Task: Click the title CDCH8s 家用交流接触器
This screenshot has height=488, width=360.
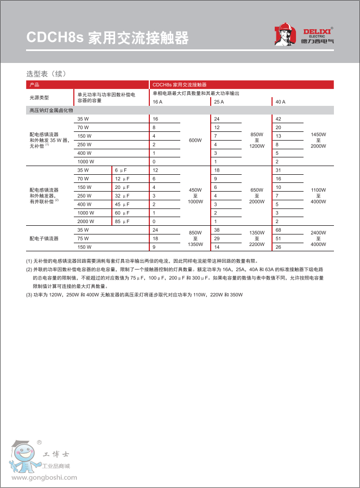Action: pyautogui.click(x=108, y=38)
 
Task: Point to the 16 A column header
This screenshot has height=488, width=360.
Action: pyautogui.click(x=157, y=102)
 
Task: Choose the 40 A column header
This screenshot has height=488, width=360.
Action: pyautogui.click(x=280, y=102)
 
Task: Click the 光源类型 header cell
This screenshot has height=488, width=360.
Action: pyautogui.click(x=39, y=97)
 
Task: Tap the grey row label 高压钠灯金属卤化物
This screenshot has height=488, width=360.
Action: pyautogui.click(x=51, y=110)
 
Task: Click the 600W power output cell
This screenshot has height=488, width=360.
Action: pyautogui.click(x=195, y=140)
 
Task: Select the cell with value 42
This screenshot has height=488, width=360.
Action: pyautogui.click(x=279, y=119)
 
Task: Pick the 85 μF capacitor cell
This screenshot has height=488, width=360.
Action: pyautogui.click(x=122, y=221)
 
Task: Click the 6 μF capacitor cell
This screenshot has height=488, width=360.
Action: pyautogui.click(x=121, y=170)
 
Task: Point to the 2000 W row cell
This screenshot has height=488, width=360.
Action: pyautogui.click(x=86, y=221)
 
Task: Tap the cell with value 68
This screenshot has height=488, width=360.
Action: pyautogui.click(x=279, y=230)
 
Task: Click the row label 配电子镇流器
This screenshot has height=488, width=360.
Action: pyautogui.click(x=44, y=238)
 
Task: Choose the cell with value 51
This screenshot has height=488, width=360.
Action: pyautogui.click(x=279, y=238)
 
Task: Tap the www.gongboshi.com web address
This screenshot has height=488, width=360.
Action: pyautogui.click(x=43, y=478)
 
